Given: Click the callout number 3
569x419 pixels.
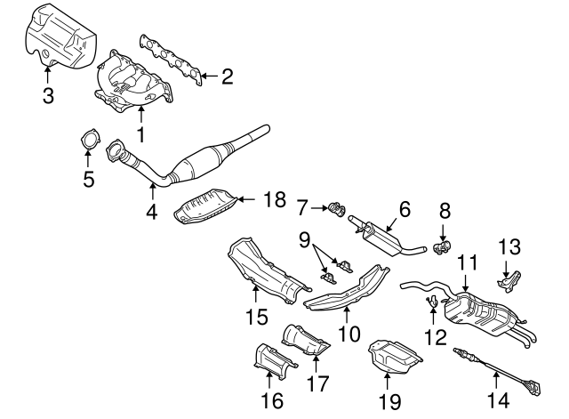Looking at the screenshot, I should [x=46, y=94].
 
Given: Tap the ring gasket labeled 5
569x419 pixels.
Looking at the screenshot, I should [x=88, y=143].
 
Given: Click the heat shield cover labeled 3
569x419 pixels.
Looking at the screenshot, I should [x=58, y=35].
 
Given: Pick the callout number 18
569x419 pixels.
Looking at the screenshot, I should [x=274, y=200].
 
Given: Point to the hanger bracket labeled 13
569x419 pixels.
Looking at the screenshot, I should [x=509, y=279].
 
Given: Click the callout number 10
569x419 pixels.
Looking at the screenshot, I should [x=347, y=334].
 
